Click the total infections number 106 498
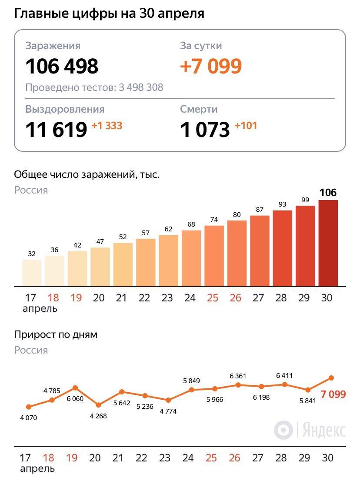pyautogui.click(x=62, y=66)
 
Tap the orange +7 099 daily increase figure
pyautogui.click(x=211, y=66)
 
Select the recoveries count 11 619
pyautogui.click(x=57, y=130)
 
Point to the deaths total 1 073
pyautogui.click(x=205, y=130)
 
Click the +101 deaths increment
pyautogui.click(x=246, y=126)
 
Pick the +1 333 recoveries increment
pyautogui.click(x=107, y=126)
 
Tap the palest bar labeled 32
pyautogui.click(x=32, y=273)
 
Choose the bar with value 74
pyautogui.click(x=214, y=256)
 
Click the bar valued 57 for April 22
pyautogui.click(x=146, y=262)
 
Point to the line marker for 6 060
pyautogui.click(x=75, y=387)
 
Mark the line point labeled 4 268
pyautogui.click(x=98, y=405)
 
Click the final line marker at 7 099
pyautogui.click(x=331, y=377)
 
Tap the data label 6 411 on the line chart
pyautogui.click(x=284, y=376)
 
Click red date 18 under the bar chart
pyautogui.click(x=53, y=298)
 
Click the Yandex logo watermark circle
pyautogui.click(x=283, y=430)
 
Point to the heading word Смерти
pyautogui.click(x=199, y=109)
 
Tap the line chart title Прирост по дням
pyautogui.click(x=56, y=335)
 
